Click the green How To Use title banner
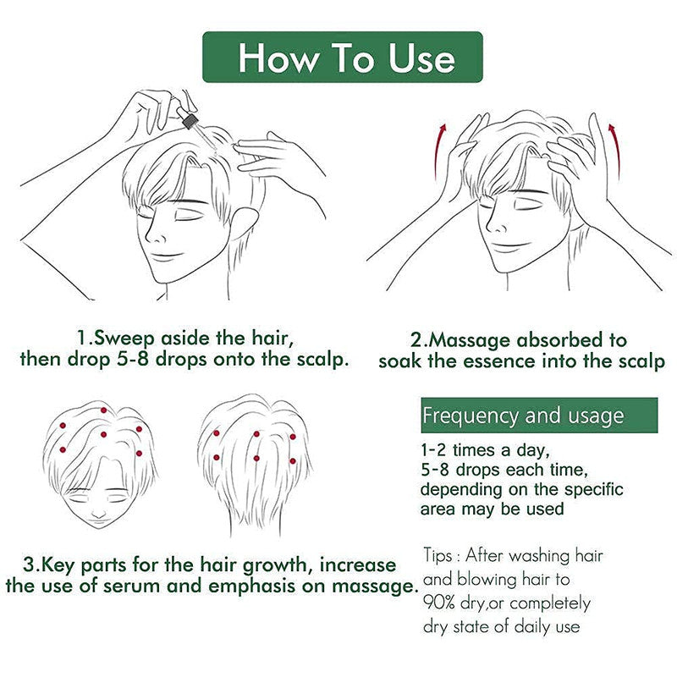(x=343, y=58)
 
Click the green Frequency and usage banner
(x=539, y=416)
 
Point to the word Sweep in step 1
(x=120, y=338)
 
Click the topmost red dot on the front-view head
(x=103, y=410)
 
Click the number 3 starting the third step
(x=28, y=564)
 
